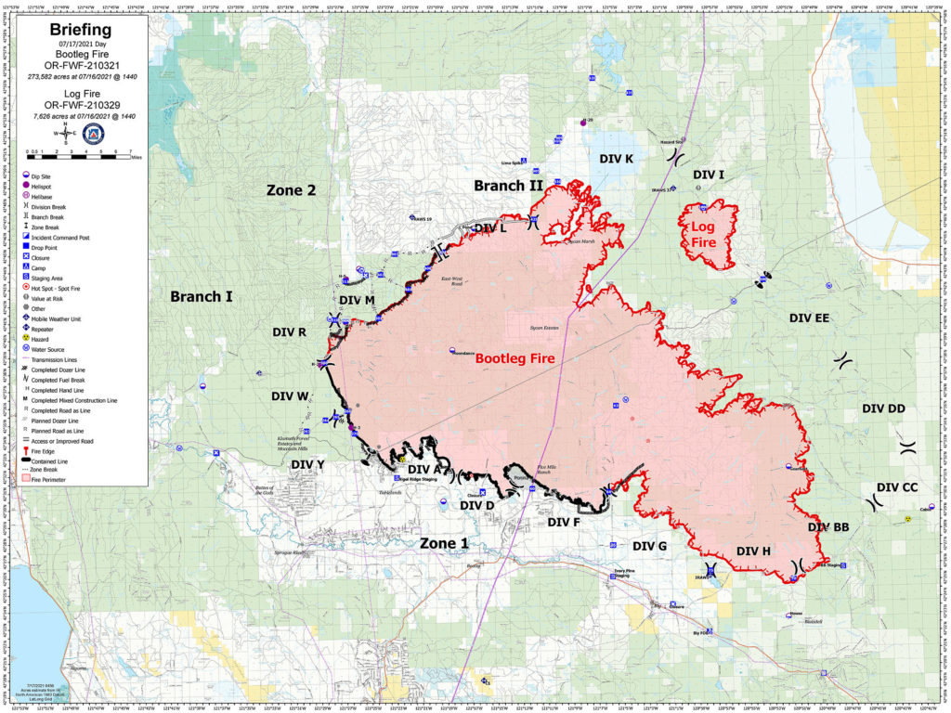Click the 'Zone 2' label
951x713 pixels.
point(292,190)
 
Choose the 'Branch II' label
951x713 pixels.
point(508,186)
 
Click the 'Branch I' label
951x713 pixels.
point(202,296)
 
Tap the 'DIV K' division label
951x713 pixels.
point(617,159)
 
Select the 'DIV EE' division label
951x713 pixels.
point(809,318)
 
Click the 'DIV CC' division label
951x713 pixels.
point(897,487)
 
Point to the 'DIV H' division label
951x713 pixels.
point(753,551)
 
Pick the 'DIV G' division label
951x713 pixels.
point(649,546)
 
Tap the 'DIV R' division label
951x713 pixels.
point(290,331)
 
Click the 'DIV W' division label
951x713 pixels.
point(290,395)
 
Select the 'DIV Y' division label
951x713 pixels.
point(307,464)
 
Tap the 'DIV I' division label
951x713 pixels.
point(709,175)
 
